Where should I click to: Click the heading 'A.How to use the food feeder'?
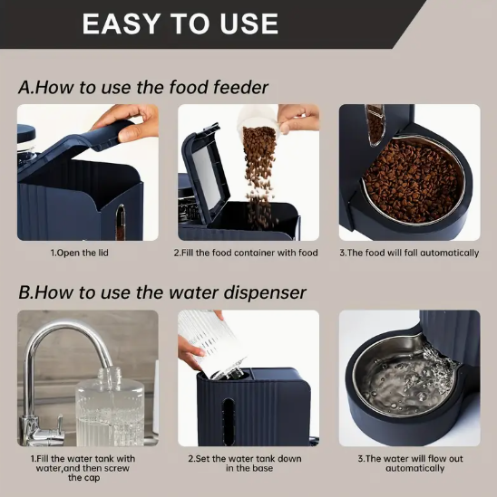pos(143,87)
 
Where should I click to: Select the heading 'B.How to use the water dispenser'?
pos(161,292)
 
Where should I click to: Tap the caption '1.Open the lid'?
pos(79,253)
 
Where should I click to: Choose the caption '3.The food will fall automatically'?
pos(409,253)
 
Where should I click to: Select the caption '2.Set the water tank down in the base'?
pos(245,464)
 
